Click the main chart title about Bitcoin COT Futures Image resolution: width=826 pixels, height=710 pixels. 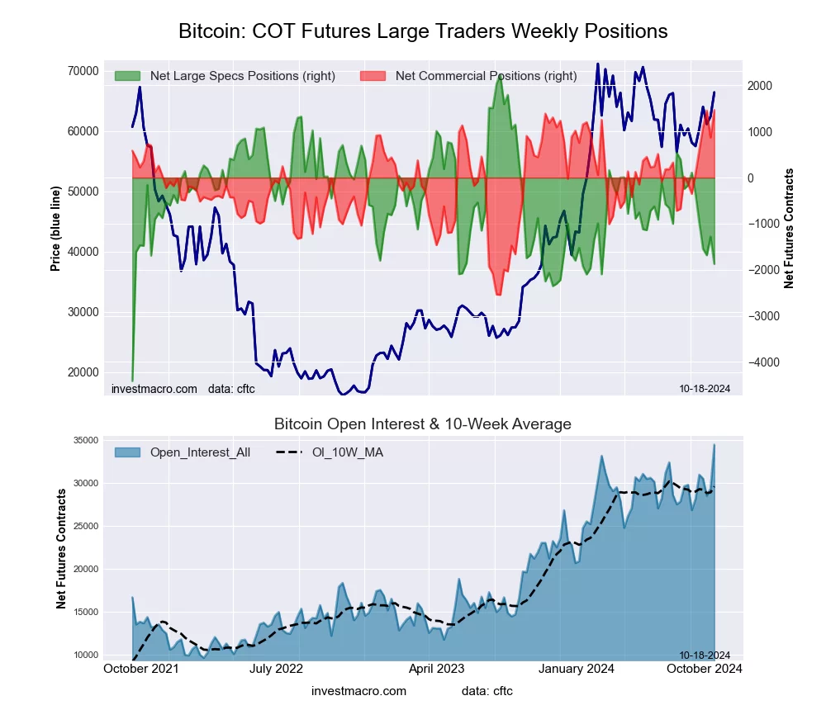click(x=423, y=31)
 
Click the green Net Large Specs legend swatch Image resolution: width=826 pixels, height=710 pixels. click(x=127, y=76)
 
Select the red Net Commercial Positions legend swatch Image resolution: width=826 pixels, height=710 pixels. click(x=373, y=76)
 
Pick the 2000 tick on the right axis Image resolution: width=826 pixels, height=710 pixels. click(x=760, y=86)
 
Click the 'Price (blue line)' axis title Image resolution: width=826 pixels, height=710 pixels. click(x=55, y=228)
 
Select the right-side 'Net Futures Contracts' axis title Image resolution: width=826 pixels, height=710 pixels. click(x=790, y=228)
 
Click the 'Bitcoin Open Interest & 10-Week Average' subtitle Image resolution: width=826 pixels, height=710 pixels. click(x=423, y=424)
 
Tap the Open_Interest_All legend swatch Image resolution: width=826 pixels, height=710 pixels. click(x=127, y=452)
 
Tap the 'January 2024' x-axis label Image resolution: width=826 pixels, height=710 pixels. click(x=577, y=669)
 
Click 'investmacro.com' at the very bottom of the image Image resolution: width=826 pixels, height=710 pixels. click(x=358, y=691)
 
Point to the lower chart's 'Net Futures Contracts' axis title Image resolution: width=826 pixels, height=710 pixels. click(x=62, y=549)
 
